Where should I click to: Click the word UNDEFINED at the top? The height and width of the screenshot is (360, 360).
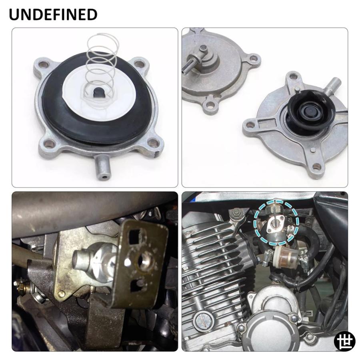tap(53, 14)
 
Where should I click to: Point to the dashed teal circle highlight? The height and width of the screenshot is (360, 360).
tap(276, 222)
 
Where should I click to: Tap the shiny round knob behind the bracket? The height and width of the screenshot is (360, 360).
tap(90, 262)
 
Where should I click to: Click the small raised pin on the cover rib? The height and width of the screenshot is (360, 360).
tap(312, 150)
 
